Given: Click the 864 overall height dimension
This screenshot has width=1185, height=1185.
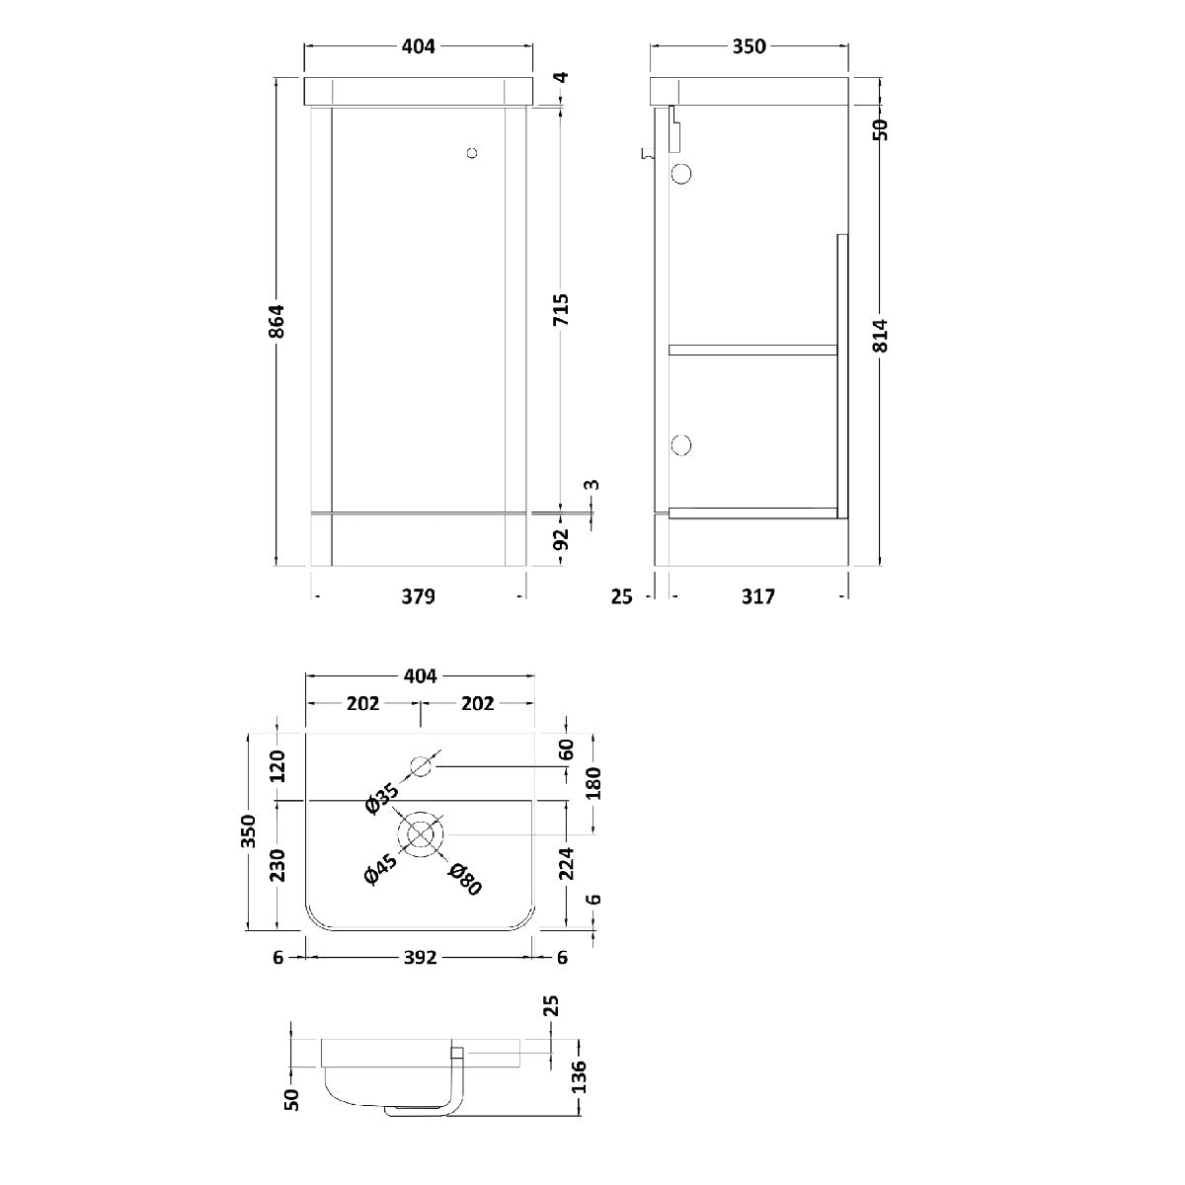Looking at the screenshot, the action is tap(277, 320).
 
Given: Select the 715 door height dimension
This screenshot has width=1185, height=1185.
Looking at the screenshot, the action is tap(562, 310).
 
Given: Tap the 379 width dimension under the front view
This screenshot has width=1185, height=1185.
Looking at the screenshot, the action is tap(418, 595).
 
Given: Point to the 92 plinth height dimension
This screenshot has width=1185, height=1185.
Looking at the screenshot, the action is tap(562, 539).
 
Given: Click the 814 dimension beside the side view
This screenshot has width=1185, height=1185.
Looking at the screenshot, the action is tap(880, 335).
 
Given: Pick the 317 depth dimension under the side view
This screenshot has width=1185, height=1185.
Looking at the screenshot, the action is tap(757, 595).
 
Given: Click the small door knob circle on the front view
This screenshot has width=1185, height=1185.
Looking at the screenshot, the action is tap(472, 153).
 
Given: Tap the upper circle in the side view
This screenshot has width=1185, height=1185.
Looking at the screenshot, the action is tap(681, 174).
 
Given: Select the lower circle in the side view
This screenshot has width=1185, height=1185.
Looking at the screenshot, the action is tap(681, 444).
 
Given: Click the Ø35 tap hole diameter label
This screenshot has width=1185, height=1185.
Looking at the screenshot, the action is tap(382, 798).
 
